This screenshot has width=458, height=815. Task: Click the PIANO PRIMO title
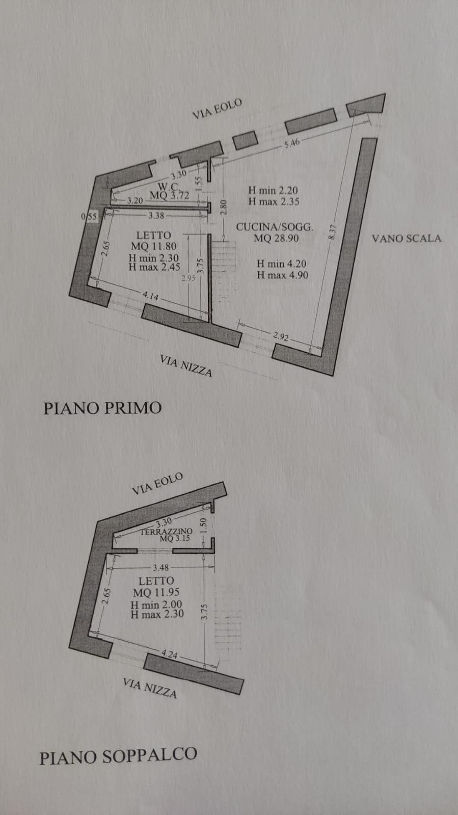click(x=102, y=408)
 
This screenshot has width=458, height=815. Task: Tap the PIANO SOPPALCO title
click(x=118, y=755)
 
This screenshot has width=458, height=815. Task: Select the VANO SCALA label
click(x=406, y=239)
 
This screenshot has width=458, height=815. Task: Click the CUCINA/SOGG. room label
click(x=274, y=227)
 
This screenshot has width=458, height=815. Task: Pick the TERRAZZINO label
click(x=166, y=531)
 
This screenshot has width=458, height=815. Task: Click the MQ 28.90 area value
click(x=276, y=239)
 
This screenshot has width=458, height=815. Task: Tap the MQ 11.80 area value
click(x=153, y=247)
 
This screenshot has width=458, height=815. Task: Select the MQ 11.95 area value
click(x=156, y=592)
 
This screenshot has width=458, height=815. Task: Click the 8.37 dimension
click(x=333, y=232)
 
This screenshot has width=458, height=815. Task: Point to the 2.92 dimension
click(x=281, y=336)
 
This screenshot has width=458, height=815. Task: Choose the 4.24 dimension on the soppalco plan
click(x=169, y=654)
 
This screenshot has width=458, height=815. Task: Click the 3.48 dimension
click(x=160, y=567)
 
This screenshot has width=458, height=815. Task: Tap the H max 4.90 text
click(x=282, y=275)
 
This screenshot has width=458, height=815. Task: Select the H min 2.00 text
click(x=156, y=605)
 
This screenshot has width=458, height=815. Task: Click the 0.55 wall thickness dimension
click(x=89, y=217)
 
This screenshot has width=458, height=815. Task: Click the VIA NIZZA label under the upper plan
click(x=186, y=365)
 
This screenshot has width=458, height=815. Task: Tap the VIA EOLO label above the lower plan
click(x=157, y=484)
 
